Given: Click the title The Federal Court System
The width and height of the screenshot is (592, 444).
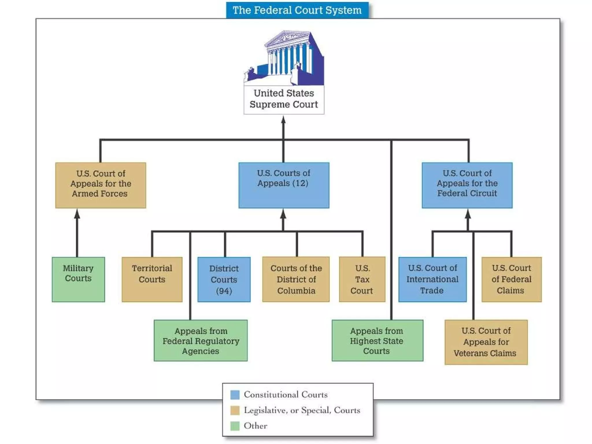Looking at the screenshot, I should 297,10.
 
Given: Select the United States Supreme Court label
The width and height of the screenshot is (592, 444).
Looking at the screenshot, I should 284,99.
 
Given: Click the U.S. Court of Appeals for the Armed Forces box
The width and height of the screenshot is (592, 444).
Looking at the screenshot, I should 101,185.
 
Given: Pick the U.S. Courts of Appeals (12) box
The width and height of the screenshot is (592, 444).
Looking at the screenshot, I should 284,185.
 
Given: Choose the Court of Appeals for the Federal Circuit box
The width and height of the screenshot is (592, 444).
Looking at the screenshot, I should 467,185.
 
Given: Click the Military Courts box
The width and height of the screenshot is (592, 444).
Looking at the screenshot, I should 78,279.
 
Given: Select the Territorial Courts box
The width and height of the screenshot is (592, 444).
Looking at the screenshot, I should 152,279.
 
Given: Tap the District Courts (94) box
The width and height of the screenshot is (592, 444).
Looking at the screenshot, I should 224,279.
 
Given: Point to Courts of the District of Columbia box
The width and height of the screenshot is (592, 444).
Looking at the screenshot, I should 296,279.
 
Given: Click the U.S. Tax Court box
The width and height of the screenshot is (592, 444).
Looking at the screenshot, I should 362,279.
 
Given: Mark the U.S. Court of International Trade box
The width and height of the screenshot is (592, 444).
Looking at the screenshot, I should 432,279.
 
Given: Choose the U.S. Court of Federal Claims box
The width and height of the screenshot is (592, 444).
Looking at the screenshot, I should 511,279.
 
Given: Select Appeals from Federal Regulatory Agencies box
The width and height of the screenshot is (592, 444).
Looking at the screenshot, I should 201,341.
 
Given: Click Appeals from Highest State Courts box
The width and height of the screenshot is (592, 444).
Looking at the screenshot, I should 377,341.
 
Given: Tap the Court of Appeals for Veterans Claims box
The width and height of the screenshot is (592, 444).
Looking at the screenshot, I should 486,342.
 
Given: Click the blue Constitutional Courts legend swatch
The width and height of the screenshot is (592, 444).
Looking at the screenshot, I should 235,395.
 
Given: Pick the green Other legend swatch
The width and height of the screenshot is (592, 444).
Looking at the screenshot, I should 235,426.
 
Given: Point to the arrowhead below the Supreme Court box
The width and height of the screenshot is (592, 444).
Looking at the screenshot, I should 284,120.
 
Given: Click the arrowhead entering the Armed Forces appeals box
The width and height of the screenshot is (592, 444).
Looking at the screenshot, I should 77,214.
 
